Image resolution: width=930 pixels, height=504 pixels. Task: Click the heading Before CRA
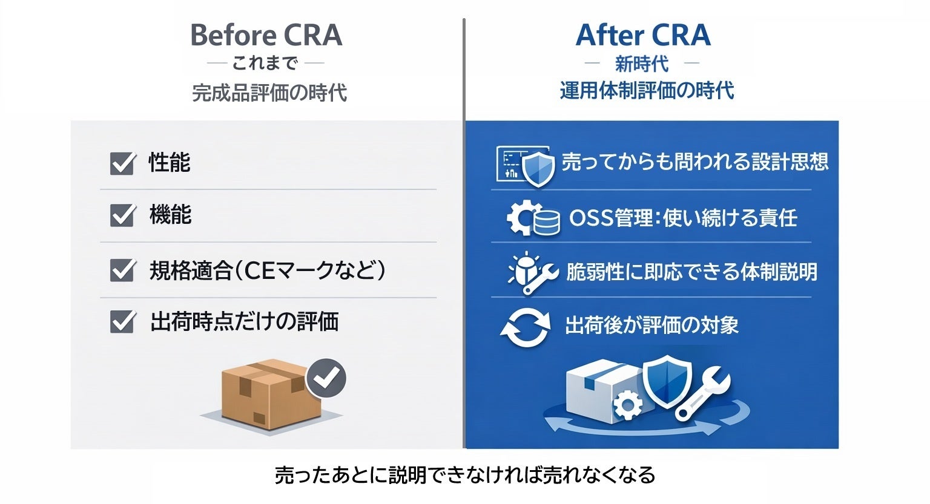point(266,35)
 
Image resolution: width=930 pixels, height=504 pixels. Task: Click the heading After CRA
point(642,35)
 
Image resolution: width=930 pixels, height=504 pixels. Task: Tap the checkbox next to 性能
point(122,163)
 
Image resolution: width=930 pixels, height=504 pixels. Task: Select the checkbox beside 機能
point(122,215)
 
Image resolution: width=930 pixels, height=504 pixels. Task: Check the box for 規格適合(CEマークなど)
point(122,270)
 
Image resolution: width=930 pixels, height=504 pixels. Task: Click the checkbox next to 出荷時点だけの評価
point(122,321)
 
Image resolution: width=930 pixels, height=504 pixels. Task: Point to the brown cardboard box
point(266,393)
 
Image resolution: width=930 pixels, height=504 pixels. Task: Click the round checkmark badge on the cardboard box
point(326,378)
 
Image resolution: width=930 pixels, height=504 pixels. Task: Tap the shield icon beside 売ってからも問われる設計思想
point(538,169)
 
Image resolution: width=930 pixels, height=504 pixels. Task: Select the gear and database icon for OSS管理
point(533,218)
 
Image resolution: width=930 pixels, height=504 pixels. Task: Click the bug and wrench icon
point(531,272)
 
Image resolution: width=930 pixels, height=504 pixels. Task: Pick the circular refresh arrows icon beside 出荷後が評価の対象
point(525,327)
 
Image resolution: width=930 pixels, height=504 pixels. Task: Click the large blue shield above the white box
point(667,379)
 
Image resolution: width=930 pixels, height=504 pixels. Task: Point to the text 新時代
point(641,64)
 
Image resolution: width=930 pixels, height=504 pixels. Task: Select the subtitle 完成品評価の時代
point(269,93)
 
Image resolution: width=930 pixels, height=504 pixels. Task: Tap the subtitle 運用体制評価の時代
point(647,91)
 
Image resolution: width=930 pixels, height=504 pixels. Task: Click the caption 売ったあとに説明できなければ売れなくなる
point(465,475)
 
